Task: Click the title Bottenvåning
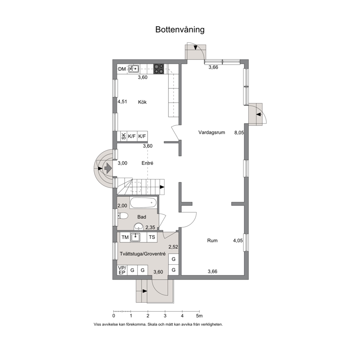coord(180,30)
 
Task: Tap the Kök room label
coord(142,102)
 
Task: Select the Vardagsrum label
coord(212,132)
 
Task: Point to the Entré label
coord(147,163)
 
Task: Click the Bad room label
coord(142,217)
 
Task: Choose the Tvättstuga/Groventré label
coord(143,254)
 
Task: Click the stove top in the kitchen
coord(159,69)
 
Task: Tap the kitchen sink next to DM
coord(134,69)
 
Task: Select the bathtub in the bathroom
coord(143,203)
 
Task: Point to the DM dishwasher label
coord(122,69)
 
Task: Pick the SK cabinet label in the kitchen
coord(124,136)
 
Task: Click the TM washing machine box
coord(125,237)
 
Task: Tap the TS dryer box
coord(152,237)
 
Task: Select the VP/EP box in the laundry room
coord(122,270)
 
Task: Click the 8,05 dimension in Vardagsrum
coord(239,132)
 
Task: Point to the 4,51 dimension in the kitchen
coord(122,102)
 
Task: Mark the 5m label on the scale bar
coord(199,316)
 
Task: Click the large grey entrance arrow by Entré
coord(108,168)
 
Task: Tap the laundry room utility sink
coord(135,237)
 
